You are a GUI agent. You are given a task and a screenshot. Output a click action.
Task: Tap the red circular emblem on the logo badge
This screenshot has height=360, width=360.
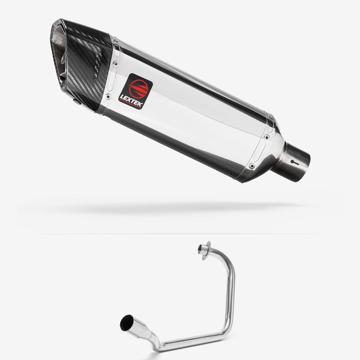coord(138,89)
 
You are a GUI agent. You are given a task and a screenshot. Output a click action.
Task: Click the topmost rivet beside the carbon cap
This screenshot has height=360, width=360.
coord(115,40)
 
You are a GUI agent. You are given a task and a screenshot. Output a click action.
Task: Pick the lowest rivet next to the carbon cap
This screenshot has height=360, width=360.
coord(108,96)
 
